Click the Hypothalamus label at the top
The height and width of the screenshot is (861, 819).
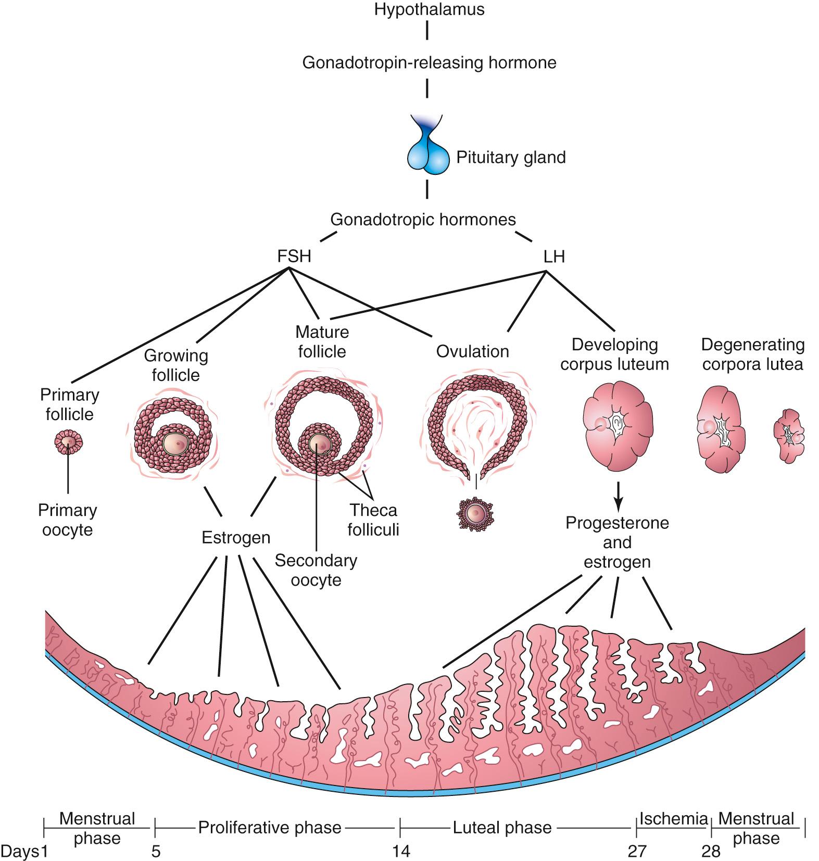[x=429, y=9]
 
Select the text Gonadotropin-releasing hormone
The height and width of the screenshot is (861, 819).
[x=429, y=62]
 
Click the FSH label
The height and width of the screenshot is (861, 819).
[x=294, y=256]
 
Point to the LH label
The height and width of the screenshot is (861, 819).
[x=553, y=256]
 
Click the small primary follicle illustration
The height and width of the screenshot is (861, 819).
[x=69, y=442]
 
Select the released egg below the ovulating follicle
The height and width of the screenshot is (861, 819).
[x=475, y=514]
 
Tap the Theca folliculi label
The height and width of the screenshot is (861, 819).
[x=373, y=520]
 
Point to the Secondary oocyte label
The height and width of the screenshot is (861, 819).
[x=316, y=570]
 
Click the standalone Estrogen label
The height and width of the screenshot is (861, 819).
[x=236, y=537]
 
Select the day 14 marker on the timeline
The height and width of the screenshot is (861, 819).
[x=401, y=851]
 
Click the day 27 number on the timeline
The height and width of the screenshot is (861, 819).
[x=636, y=851]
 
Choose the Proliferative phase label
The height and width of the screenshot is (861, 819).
[x=270, y=827]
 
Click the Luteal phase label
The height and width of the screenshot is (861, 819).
[x=502, y=827]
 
